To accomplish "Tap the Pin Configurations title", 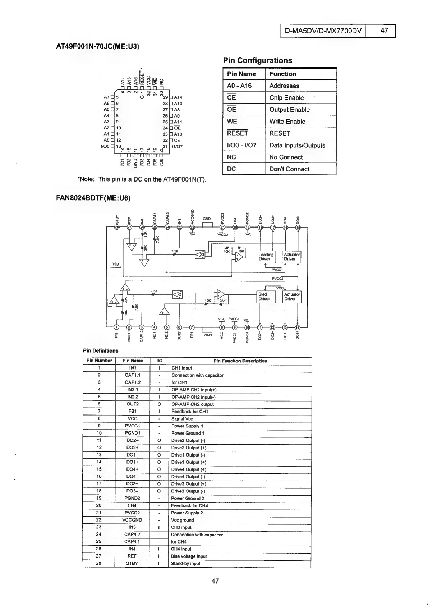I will (x=257, y=60).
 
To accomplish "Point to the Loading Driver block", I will (x=266, y=257).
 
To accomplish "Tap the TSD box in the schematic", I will (x=115, y=264).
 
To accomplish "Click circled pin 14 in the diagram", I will (x=297, y=327).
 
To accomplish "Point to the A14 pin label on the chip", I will (x=178, y=97).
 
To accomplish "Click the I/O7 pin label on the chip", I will (x=178, y=147).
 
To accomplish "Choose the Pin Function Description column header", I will (x=240, y=361).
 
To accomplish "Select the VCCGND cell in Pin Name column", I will (x=132, y=520).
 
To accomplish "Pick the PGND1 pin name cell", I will (x=132, y=433).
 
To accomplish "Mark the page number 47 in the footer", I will (x=215, y=581).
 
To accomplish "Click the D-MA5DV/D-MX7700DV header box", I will (x=323, y=31).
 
